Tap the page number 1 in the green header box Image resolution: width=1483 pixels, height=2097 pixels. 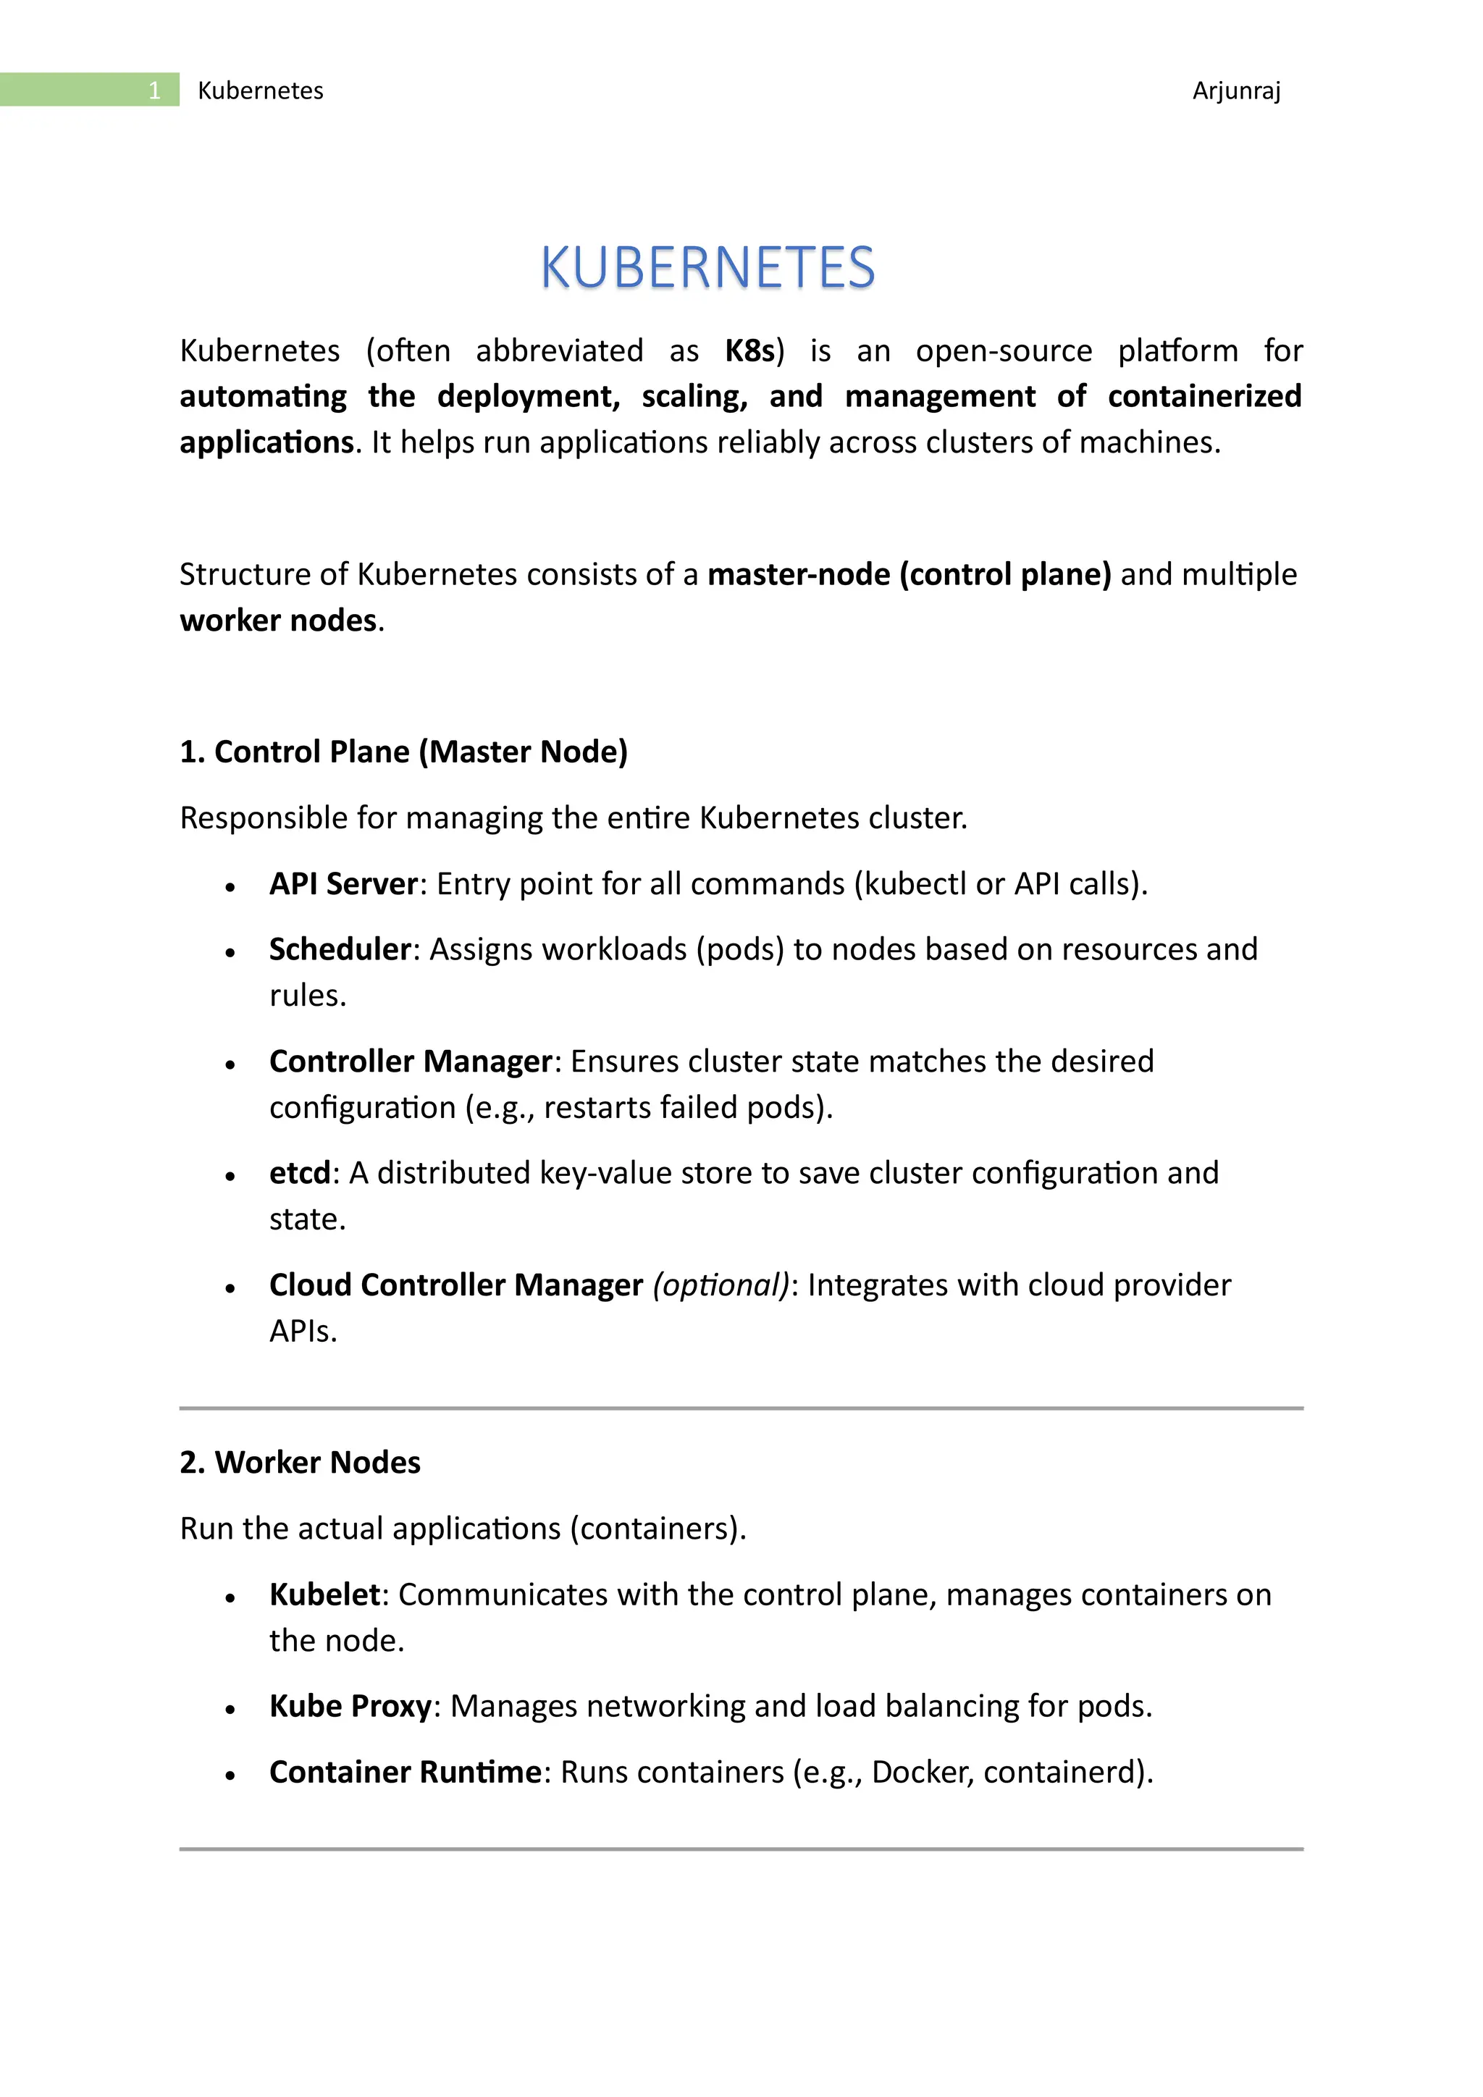154,91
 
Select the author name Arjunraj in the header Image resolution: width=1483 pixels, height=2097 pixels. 1237,91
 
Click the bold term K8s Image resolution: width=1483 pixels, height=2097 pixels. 749,350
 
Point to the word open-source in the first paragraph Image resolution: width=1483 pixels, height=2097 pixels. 1004,350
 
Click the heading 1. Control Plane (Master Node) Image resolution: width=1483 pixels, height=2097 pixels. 403,752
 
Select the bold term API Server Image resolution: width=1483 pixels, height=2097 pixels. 343,884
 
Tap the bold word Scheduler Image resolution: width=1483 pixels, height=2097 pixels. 340,950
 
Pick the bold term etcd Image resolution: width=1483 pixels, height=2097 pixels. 300,1173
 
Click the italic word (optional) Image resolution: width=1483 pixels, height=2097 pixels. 721,1285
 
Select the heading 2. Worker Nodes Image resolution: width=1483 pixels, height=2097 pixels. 301,1462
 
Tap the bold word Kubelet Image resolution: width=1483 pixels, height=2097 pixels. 324,1594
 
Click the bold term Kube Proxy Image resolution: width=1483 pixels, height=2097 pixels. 350,1706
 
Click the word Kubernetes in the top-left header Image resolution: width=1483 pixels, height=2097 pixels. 260,91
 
